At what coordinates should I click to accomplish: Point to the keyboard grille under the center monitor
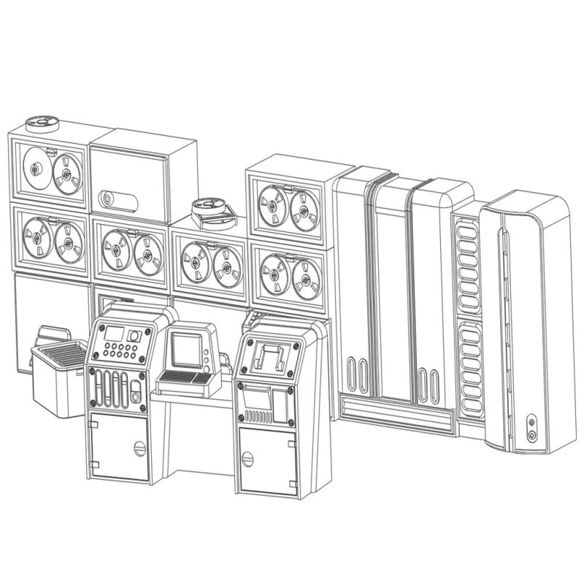184,378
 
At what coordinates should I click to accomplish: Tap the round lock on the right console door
249,460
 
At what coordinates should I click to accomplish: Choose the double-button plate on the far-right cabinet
531,428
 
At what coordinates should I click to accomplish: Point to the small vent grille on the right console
260,418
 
